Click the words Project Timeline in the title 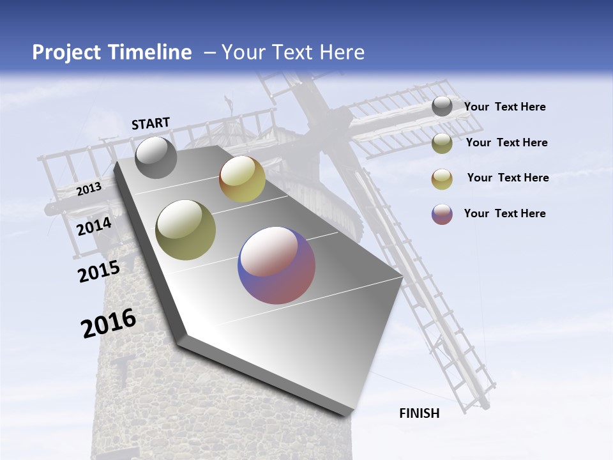tap(112, 52)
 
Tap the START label tap(151, 123)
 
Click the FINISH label tap(420, 413)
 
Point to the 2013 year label tap(89, 188)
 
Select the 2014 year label tap(95, 226)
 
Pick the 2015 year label tap(99, 271)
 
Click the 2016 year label tap(109, 323)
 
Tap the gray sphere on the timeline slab tap(156, 157)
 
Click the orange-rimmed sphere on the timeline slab tap(242, 179)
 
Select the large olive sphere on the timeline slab tap(186, 229)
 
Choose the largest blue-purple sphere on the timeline tap(276, 264)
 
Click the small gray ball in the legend tap(442, 106)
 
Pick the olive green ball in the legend tap(442, 143)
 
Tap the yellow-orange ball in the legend tap(442, 179)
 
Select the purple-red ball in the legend tap(442, 214)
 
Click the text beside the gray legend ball tap(505, 107)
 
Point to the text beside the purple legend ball tap(505, 213)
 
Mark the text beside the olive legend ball tap(507, 142)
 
